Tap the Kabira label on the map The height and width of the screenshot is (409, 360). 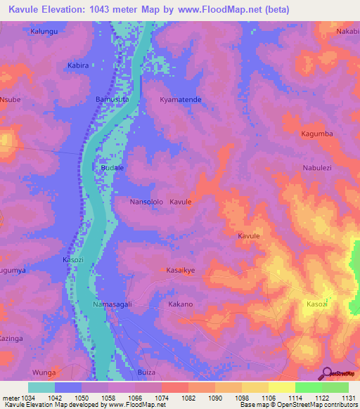[77, 65]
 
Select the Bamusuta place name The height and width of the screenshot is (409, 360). [112, 100]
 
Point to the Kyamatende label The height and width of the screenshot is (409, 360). [181, 100]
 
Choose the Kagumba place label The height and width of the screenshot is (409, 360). [316, 134]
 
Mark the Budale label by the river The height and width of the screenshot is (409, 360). [112, 169]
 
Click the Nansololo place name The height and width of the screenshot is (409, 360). [146, 202]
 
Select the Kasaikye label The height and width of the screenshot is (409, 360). [181, 270]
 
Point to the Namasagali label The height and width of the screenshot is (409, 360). [112, 304]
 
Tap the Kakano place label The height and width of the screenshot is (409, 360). [181, 304]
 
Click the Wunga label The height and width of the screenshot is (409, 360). [44, 372]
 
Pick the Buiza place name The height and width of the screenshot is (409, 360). [146, 372]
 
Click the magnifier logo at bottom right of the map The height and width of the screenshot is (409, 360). [326, 373]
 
